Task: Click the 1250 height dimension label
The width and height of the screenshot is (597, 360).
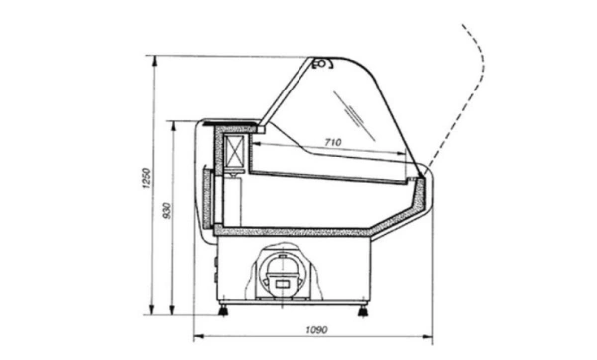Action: (146, 178)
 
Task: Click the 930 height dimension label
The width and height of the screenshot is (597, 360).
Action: (167, 211)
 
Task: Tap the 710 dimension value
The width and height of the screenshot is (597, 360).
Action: (333, 142)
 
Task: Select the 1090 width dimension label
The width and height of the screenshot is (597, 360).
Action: (316, 329)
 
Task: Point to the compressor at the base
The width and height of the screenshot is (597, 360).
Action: (283, 273)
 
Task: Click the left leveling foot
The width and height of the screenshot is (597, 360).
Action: (222, 310)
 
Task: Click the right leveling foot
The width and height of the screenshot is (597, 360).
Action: (363, 311)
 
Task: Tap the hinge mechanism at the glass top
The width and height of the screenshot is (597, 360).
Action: (322, 64)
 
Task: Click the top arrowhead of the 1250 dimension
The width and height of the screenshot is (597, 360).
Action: (154, 61)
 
